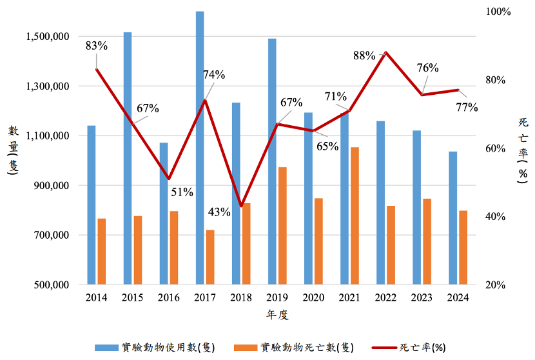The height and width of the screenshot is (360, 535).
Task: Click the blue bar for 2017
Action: (x=200, y=148)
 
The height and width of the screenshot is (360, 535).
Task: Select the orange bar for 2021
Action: (x=355, y=215)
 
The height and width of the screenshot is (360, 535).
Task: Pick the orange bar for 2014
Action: (x=102, y=252)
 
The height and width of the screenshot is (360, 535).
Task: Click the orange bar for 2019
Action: (x=282, y=226)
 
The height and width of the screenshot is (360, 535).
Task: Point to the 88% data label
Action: (x=364, y=55)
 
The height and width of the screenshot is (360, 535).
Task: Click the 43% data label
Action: (x=219, y=212)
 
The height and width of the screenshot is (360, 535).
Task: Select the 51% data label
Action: (x=182, y=192)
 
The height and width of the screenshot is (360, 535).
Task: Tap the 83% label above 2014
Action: (x=96, y=46)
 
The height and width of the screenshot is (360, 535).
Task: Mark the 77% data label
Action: (x=467, y=107)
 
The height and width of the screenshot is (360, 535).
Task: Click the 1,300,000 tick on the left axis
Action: (x=48, y=86)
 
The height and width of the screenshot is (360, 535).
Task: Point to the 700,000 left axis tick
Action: (x=52, y=235)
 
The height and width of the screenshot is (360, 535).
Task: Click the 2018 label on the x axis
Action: (x=241, y=298)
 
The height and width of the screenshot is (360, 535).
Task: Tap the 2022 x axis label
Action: (x=385, y=298)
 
